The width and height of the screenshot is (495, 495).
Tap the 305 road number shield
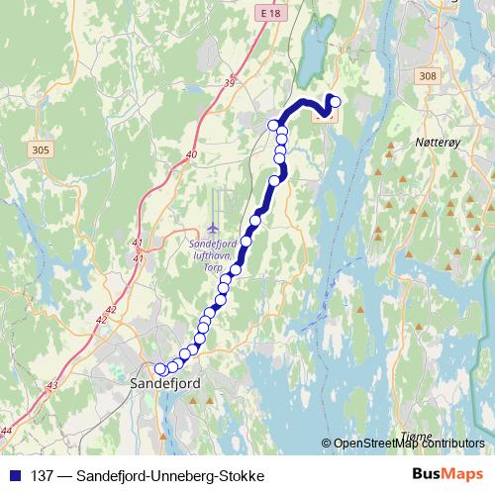(x=41, y=149)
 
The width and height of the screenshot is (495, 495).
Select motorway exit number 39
(x=230, y=83)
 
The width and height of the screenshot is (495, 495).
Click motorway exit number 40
(x=191, y=155)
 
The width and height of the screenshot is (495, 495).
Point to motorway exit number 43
(x=51, y=385)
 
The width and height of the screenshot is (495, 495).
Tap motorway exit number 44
(x=7, y=430)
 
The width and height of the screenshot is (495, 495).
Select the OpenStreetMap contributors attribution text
(x=409, y=444)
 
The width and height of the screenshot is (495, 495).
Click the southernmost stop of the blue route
(x=161, y=369)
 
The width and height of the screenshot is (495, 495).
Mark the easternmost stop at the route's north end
(x=335, y=100)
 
